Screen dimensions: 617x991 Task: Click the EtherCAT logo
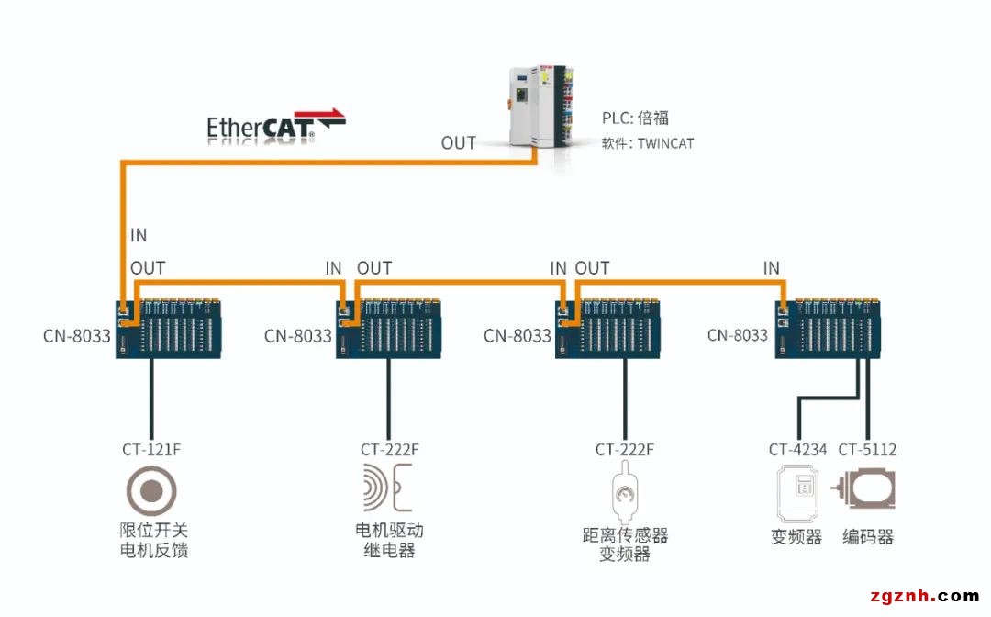[275, 128]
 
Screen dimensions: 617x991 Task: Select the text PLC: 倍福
[635, 118]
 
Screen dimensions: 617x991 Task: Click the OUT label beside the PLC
[459, 142]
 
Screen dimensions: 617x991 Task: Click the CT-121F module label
[151, 450]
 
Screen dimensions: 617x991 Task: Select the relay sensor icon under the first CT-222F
[389, 488]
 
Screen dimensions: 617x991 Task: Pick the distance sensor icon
[625, 495]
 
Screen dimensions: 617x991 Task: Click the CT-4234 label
[797, 450]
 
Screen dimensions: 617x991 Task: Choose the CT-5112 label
[867, 450]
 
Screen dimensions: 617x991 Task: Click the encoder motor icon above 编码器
[864, 490]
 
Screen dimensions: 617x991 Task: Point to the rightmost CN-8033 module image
[831, 327]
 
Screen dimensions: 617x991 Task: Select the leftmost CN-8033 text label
[76, 335]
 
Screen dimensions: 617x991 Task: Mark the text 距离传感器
[625, 534]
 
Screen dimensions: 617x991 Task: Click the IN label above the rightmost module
[771, 268]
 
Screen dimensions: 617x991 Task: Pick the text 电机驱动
[389, 531]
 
